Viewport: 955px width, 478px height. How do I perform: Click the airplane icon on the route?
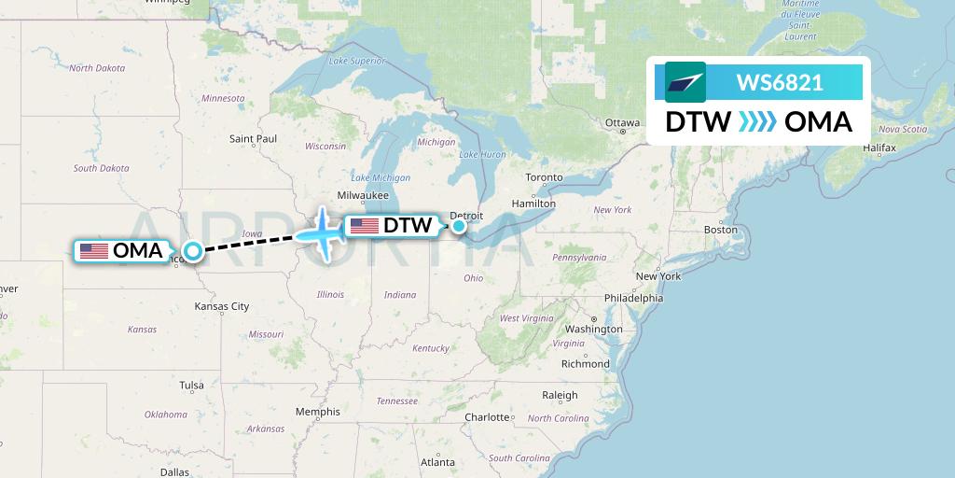coord(323,232)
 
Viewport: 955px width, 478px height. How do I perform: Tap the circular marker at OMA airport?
coord(192,250)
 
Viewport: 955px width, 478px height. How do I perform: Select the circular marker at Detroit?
coord(459,225)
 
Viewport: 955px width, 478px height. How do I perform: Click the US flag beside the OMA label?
coord(94,250)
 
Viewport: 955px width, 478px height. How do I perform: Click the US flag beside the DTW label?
coord(364,225)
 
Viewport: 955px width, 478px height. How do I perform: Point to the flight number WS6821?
coord(780,82)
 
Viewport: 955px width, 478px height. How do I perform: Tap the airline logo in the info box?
coord(685,82)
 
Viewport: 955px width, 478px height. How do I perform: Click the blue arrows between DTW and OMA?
coord(757,122)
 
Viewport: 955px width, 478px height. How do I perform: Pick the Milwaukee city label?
coord(363,195)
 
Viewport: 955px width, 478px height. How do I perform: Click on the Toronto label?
coord(544,177)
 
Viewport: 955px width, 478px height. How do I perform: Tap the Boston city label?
coord(721,230)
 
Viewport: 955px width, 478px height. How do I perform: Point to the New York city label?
coord(658,276)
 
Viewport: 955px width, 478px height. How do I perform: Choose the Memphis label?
coord(317,412)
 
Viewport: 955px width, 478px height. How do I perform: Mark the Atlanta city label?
coord(437,462)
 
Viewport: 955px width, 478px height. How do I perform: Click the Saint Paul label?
coord(253,139)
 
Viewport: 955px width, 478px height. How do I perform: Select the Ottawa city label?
coord(622,123)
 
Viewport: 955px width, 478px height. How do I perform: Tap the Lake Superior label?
coord(355,62)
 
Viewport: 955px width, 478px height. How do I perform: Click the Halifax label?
coord(879,148)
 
